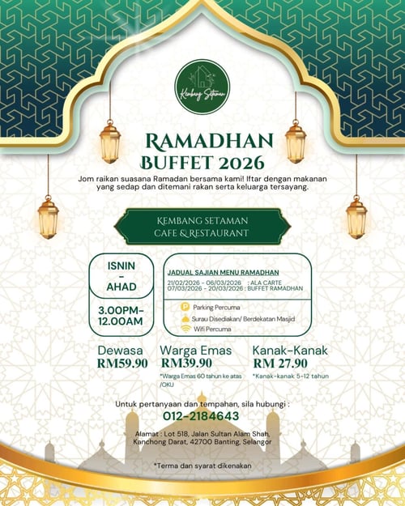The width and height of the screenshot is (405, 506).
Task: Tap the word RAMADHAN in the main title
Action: coord(202,143)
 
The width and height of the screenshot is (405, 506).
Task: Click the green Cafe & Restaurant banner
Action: coord(202,226)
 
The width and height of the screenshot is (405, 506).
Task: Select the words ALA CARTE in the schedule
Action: coord(266,281)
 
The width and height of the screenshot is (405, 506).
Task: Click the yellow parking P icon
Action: coord(185,308)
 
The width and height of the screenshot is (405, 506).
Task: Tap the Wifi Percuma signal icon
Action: coord(185,330)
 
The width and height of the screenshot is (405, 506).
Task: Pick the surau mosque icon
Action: coord(185,319)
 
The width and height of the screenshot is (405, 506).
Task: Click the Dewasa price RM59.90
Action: coord(122,364)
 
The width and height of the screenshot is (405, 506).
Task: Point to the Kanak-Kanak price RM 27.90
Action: coord(280,364)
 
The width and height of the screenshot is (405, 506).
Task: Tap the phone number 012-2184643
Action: coord(202,416)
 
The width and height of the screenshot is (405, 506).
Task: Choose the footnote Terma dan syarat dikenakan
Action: coord(202,465)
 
